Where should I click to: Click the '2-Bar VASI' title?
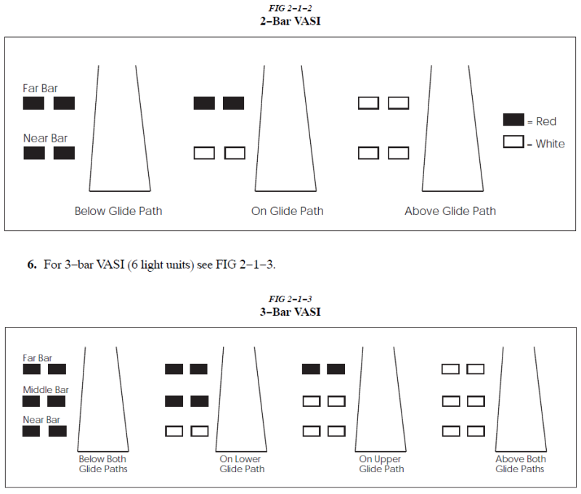(x=290, y=21)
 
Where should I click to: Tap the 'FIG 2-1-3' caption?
(x=290, y=299)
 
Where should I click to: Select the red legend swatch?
(x=513, y=120)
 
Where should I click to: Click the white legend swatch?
(x=513, y=142)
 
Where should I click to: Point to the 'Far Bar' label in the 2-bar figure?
(x=40, y=88)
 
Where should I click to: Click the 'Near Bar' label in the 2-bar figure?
(x=45, y=138)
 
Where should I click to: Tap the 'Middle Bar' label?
(x=46, y=390)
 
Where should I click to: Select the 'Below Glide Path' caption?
(x=118, y=211)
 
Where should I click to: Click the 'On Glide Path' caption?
(x=287, y=211)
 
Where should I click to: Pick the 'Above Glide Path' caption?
(x=450, y=211)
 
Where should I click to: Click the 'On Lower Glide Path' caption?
(x=242, y=464)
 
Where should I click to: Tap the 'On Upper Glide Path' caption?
(x=381, y=464)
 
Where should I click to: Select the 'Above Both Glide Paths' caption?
(x=520, y=464)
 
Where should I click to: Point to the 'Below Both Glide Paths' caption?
(x=103, y=464)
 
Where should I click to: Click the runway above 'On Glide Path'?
(x=285, y=129)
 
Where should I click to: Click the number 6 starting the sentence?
(x=32, y=264)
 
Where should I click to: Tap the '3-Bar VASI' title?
(x=290, y=312)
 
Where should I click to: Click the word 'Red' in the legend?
(x=546, y=121)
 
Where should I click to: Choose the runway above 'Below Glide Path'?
(x=120, y=129)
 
